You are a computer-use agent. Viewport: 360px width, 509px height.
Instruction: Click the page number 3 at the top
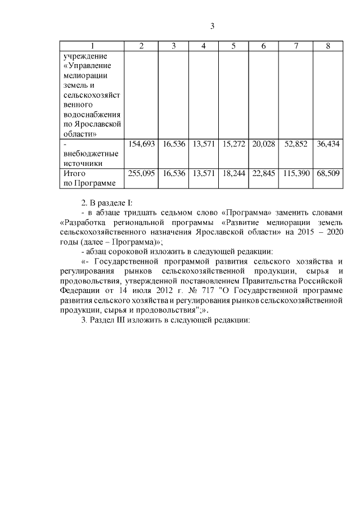(212, 26)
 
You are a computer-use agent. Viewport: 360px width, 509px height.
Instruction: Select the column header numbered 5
(233, 46)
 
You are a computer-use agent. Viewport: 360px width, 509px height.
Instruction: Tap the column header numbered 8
(328, 46)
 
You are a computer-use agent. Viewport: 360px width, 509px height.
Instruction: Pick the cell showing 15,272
(233, 144)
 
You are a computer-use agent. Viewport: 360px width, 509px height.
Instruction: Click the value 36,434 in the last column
(328, 144)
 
